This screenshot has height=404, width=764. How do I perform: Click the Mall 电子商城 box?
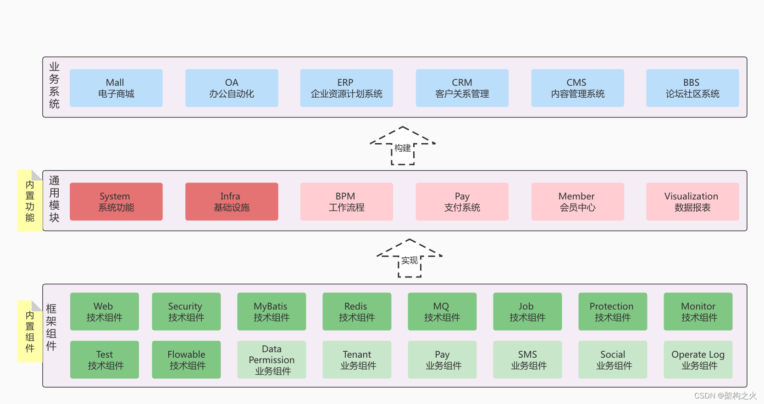(x=116, y=88)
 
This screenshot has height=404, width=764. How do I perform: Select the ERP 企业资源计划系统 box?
(x=346, y=88)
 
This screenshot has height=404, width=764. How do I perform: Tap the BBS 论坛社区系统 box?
(x=692, y=88)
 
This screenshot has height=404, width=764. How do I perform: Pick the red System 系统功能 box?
(x=116, y=202)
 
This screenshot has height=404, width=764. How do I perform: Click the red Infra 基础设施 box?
(x=232, y=202)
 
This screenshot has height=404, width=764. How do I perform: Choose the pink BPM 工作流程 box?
(x=346, y=202)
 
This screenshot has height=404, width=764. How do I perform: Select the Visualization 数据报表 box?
(x=692, y=202)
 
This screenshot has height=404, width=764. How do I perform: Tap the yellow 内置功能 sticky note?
(x=30, y=201)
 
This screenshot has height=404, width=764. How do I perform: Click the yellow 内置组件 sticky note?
(x=30, y=332)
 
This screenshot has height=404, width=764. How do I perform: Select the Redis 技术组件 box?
(x=357, y=312)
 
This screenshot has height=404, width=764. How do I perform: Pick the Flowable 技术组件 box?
(x=186, y=360)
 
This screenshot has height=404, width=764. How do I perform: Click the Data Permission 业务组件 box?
(x=271, y=360)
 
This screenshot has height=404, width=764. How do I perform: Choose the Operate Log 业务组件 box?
(x=698, y=360)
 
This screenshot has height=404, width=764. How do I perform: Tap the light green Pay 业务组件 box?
(x=442, y=360)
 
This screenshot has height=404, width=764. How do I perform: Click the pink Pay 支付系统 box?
(x=462, y=202)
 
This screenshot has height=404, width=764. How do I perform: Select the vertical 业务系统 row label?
(x=54, y=86)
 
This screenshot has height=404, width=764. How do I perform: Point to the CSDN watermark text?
(x=725, y=395)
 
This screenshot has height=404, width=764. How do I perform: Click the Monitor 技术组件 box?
(x=698, y=312)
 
